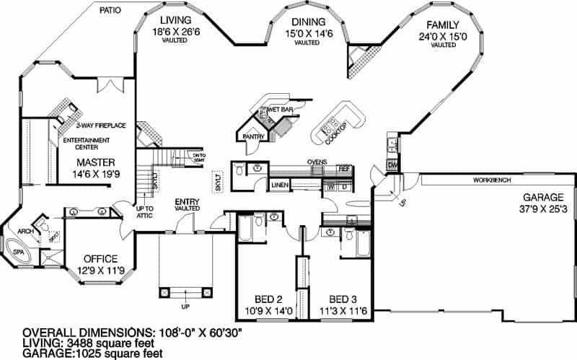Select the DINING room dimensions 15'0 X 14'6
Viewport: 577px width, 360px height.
coord(309,33)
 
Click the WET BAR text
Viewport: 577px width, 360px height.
coord(279,110)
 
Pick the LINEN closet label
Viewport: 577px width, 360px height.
coord(281,185)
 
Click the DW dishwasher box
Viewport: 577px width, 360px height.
coord(392,165)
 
